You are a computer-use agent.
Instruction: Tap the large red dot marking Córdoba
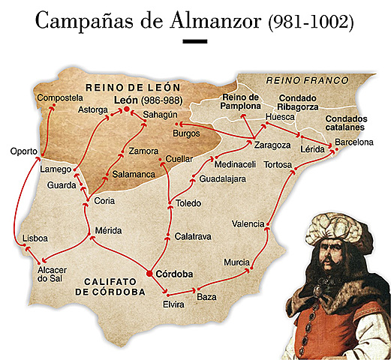[149, 274]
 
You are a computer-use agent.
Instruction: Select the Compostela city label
[62, 98]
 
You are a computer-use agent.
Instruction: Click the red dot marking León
[127, 110]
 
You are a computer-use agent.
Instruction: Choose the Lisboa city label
[35, 237]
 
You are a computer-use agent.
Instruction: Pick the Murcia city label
[236, 262]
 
